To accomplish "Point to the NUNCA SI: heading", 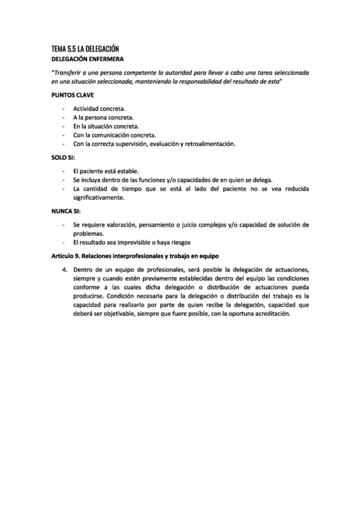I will click(x=66, y=210).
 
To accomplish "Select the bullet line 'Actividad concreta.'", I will click(x=100, y=108).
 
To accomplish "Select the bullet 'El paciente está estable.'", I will click(x=106, y=171).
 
